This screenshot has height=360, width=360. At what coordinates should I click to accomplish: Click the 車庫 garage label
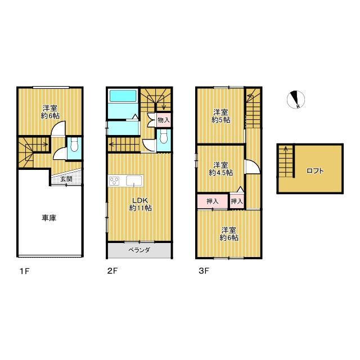coord(49,218)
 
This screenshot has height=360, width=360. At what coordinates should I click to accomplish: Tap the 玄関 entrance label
coord(66,179)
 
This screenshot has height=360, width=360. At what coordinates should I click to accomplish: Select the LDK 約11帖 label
coord(140,204)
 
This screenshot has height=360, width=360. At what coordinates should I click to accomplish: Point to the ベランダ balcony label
coord(139,250)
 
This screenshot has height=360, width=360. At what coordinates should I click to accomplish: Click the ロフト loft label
coord(315,171)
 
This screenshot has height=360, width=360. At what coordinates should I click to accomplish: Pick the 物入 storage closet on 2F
coord(164,120)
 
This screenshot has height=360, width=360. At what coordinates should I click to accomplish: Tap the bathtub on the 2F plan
coord(123,96)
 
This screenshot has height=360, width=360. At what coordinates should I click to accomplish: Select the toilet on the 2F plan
coord(164,137)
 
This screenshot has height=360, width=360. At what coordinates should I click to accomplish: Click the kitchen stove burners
coord(114,181)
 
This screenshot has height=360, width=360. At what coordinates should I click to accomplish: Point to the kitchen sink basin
coord(133,181)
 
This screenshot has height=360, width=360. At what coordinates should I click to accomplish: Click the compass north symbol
coord(296,100)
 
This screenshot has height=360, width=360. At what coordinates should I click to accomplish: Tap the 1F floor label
coord(25,271)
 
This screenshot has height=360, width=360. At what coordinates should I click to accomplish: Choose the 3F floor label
coord(204,271)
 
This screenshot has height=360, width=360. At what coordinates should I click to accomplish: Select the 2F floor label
coord(112,271)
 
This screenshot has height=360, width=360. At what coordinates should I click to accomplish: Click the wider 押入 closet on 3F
coord(213,201)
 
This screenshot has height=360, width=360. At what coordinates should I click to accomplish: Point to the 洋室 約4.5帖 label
coord(221,169)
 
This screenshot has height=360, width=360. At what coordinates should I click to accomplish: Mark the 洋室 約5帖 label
coord(220,116)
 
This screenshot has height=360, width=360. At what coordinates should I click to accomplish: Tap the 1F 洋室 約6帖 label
coord(50,112)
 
